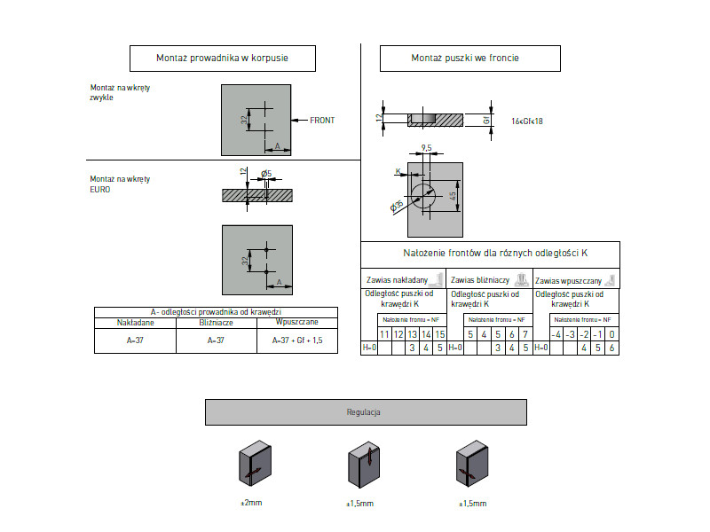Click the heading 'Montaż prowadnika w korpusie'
[223, 59]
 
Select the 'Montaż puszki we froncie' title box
[469, 59]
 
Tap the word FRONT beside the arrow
[322, 120]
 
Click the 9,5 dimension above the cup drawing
[427, 148]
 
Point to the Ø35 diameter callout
[397, 206]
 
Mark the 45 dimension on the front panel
[452, 194]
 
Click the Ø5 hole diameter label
[266, 173]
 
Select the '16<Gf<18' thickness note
[527, 121]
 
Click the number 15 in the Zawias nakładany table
[439, 334]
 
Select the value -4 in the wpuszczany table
[556, 334]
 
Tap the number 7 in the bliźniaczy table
[525, 334]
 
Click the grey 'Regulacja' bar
[365, 412]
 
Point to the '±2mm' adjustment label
[251, 503]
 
